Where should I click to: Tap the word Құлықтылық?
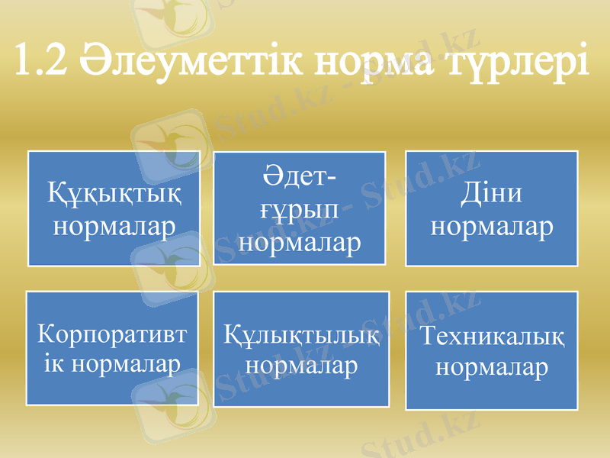pos(303,336)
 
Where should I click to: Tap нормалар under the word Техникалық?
pos(492,367)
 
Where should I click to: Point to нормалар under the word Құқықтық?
pos(114,226)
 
